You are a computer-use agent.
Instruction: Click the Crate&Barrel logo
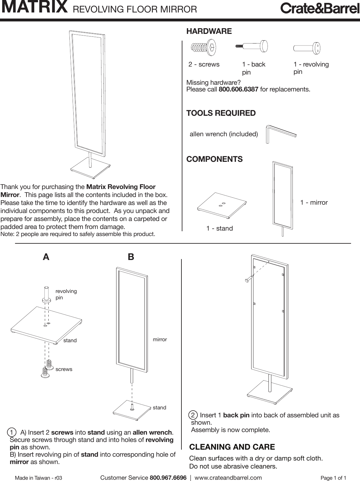coord(320,9)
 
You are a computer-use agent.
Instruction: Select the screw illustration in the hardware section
coord(203,48)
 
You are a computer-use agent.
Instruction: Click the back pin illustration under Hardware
coord(252,46)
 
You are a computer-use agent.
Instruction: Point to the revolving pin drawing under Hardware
coord(307,48)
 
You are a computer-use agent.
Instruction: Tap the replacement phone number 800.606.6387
coord(238,89)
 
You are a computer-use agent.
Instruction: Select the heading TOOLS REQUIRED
coord(221,113)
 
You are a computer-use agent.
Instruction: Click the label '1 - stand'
coord(220,228)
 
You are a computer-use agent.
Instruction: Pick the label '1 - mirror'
coord(314,202)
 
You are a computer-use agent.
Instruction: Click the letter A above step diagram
coord(46,257)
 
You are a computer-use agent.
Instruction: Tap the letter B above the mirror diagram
coord(131,257)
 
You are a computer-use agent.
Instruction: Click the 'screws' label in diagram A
coord(64,369)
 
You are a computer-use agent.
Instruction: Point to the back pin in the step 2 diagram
coord(247,280)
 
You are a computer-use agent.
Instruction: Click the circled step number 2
coord(193,415)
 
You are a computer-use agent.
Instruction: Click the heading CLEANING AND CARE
coord(232,447)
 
